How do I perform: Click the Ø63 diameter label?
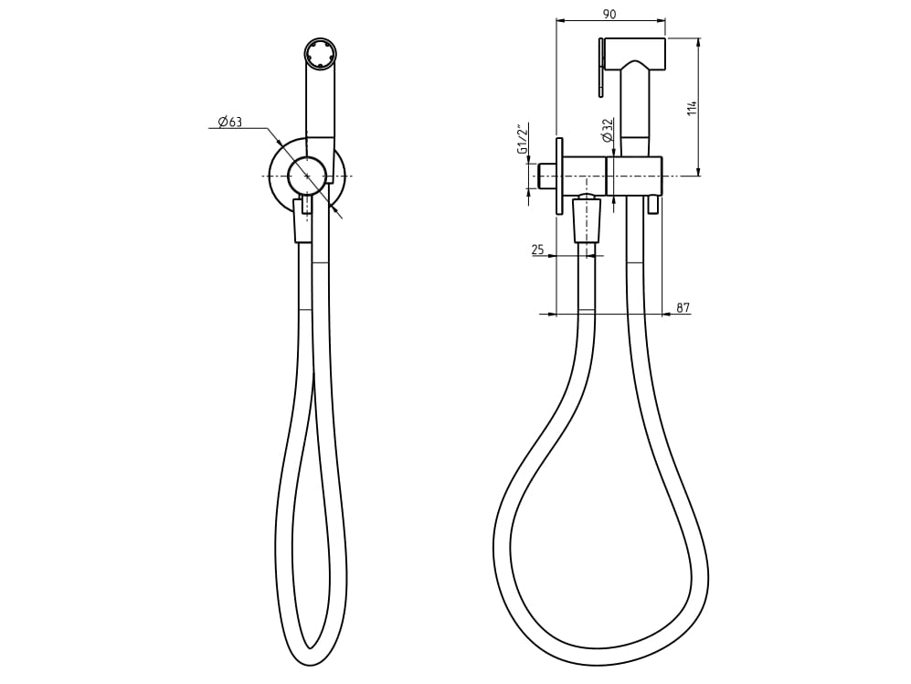(x=230, y=122)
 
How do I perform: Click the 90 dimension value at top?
(x=609, y=14)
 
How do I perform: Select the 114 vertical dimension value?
(x=693, y=107)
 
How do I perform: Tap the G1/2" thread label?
(x=523, y=139)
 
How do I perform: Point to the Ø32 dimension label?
(x=608, y=129)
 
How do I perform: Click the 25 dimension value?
(x=537, y=250)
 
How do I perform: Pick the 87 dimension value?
(x=683, y=308)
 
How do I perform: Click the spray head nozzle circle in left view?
(x=320, y=54)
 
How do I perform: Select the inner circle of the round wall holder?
(x=307, y=176)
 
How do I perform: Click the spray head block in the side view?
(x=634, y=52)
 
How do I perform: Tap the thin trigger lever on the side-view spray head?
(x=600, y=67)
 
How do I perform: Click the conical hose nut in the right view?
(x=587, y=220)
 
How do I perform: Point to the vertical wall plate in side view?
(x=559, y=176)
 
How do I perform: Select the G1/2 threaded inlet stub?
(x=546, y=176)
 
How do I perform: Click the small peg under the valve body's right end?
(x=652, y=204)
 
